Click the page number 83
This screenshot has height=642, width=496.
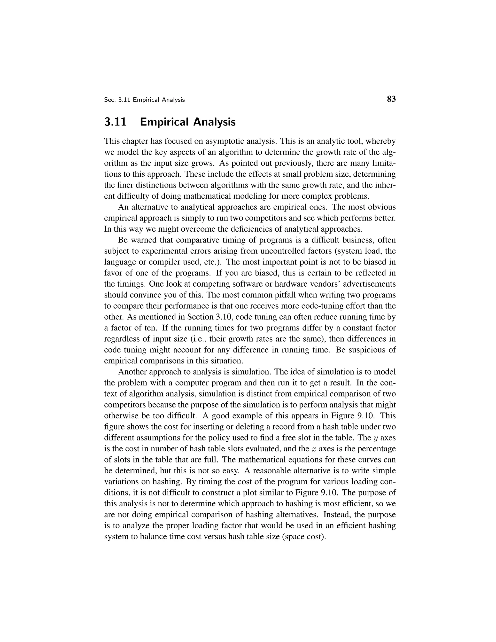point(391,99)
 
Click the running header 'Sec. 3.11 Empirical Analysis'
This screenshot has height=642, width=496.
point(144,100)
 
